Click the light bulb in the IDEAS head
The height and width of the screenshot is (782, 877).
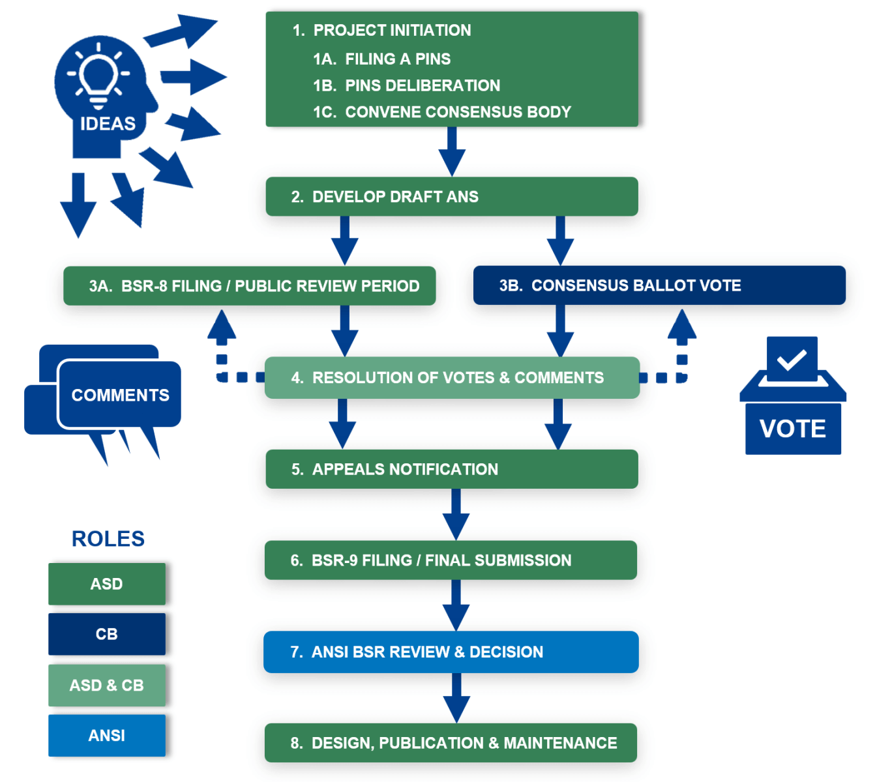tap(98, 76)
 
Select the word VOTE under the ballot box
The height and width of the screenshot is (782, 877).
tap(793, 429)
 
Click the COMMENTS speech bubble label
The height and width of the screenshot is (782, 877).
tap(120, 395)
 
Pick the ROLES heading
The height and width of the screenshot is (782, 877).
tap(108, 539)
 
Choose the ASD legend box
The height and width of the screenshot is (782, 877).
tap(107, 584)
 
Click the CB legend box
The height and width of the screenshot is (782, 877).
tap(107, 634)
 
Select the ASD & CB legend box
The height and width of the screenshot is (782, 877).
tap(107, 686)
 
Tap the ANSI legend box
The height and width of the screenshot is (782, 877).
tap(107, 736)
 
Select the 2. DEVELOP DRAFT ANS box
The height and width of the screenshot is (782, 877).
tap(451, 197)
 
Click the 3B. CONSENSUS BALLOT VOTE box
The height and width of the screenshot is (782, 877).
tap(659, 285)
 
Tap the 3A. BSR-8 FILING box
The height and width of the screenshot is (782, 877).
tap(249, 286)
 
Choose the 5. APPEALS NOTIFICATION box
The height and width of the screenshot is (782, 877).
tap(451, 469)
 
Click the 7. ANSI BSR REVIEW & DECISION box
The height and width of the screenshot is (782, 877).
tap(451, 652)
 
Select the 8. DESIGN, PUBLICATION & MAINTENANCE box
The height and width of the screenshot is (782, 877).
tap(451, 743)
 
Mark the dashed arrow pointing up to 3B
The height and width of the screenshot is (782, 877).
tap(681, 345)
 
